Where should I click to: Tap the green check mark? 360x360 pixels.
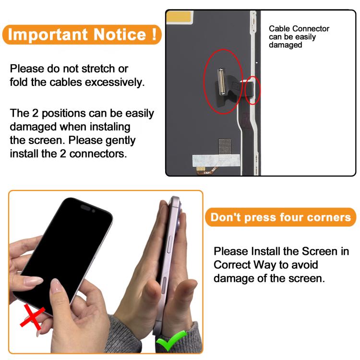pyautogui.click(x=170, y=340)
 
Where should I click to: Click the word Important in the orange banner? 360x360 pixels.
pyautogui.click(x=48, y=35)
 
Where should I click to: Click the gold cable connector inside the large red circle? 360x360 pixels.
pyautogui.click(x=221, y=82)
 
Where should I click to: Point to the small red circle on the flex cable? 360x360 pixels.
pyautogui.click(x=253, y=90)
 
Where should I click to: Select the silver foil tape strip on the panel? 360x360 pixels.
pyautogui.click(x=216, y=160)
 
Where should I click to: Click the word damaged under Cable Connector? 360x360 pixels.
pyautogui.click(x=286, y=45)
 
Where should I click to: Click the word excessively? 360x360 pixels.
pyautogui.click(x=115, y=83)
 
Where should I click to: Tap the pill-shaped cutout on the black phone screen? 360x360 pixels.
pyautogui.click(x=85, y=207)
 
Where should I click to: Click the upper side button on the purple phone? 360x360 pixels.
pyautogui.click(x=170, y=244)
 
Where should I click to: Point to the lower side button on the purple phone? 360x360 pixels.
pyautogui.click(x=164, y=286)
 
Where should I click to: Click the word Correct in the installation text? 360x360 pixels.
pyautogui.click(x=232, y=264)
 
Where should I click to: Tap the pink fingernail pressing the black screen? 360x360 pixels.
pyautogui.click(x=56, y=285)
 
